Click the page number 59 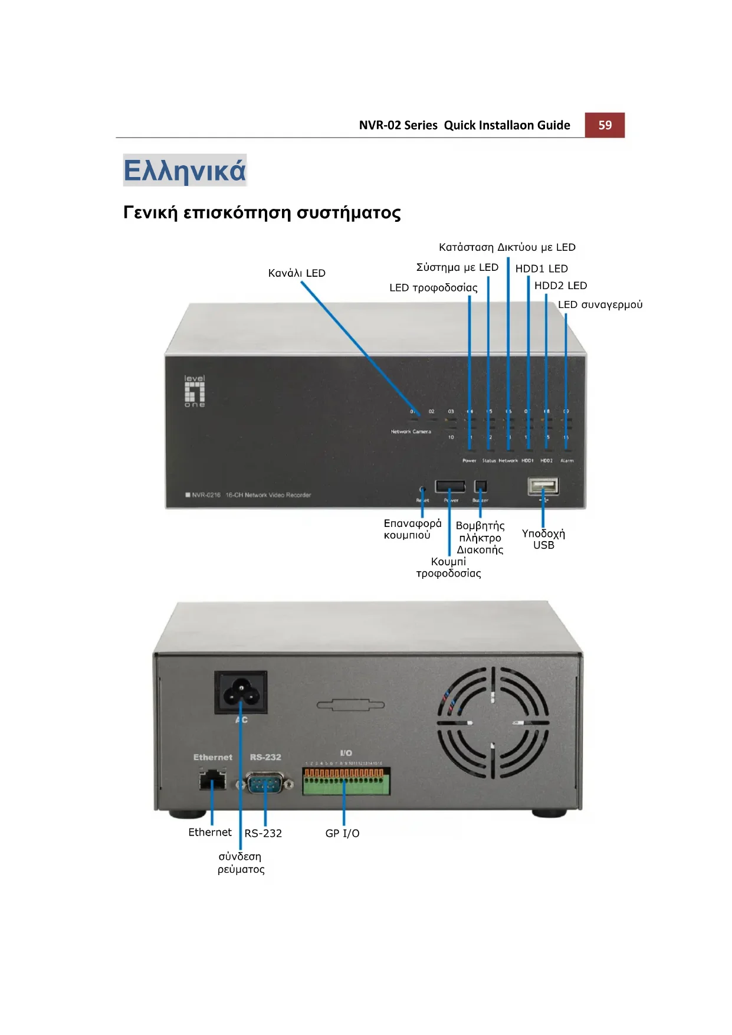click(x=605, y=125)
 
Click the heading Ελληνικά click(x=184, y=171)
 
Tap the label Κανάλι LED click(x=297, y=273)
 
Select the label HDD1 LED click(x=541, y=268)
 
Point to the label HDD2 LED click(x=560, y=286)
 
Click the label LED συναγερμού click(x=600, y=304)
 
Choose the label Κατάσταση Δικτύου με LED click(x=507, y=247)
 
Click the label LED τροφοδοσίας click(x=433, y=288)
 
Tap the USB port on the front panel click(x=543, y=486)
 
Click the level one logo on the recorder click(x=195, y=391)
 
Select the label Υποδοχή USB click(x=543, y=539)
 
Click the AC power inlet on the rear click(x=241, y=692)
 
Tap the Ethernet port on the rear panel click(x=212, y=781)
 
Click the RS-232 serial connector click(x=265, y=784)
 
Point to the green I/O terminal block click(x=346, y=781)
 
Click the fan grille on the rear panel click(x=493, y=723)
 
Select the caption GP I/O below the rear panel click(x=342, y=833)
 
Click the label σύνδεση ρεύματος click(x=241, y=863)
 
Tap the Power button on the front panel click(x=450, y=486)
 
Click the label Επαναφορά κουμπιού click(x=412, y=529)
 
